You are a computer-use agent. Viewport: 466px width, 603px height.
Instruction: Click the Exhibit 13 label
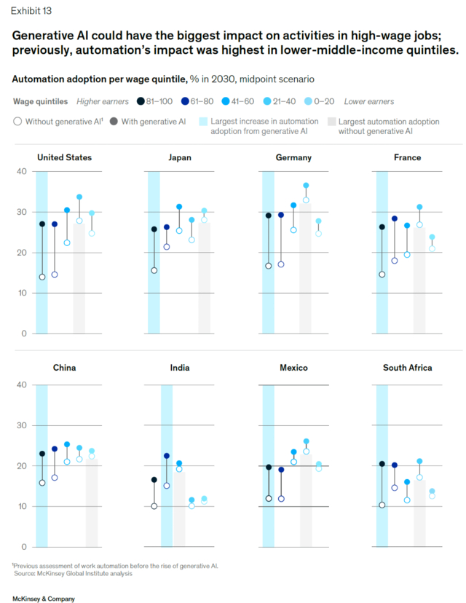click(x=31, y=11)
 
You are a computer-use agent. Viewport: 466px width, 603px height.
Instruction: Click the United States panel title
click(x=65, y=157)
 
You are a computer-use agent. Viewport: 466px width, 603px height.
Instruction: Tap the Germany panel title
click(x=293, y=157)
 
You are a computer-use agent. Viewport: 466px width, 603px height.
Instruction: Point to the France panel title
click(x=406, y=157)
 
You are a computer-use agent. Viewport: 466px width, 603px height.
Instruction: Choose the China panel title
click(x=65, y=368)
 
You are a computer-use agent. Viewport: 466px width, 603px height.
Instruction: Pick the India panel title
click(x=180, y=368)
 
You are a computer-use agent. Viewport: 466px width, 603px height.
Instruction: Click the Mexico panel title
click(x=293, y=368)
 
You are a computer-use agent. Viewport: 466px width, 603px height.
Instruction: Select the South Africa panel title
click(x=407, y=368)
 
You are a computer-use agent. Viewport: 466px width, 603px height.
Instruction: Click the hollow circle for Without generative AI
click(x=17, y=121)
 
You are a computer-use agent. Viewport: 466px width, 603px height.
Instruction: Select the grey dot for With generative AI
click(x=114, y=121)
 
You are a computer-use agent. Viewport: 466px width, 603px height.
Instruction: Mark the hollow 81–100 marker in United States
click(x=42, y=277)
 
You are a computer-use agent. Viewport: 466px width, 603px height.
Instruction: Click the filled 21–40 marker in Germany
click(x=306, y=186)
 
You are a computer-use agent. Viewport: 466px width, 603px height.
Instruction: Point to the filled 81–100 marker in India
click(x=154, y=479)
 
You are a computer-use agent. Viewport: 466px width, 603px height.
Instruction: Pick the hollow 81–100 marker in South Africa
click(x=382, y=505)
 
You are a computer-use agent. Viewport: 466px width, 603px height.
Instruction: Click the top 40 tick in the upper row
click(x=22, y=171)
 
